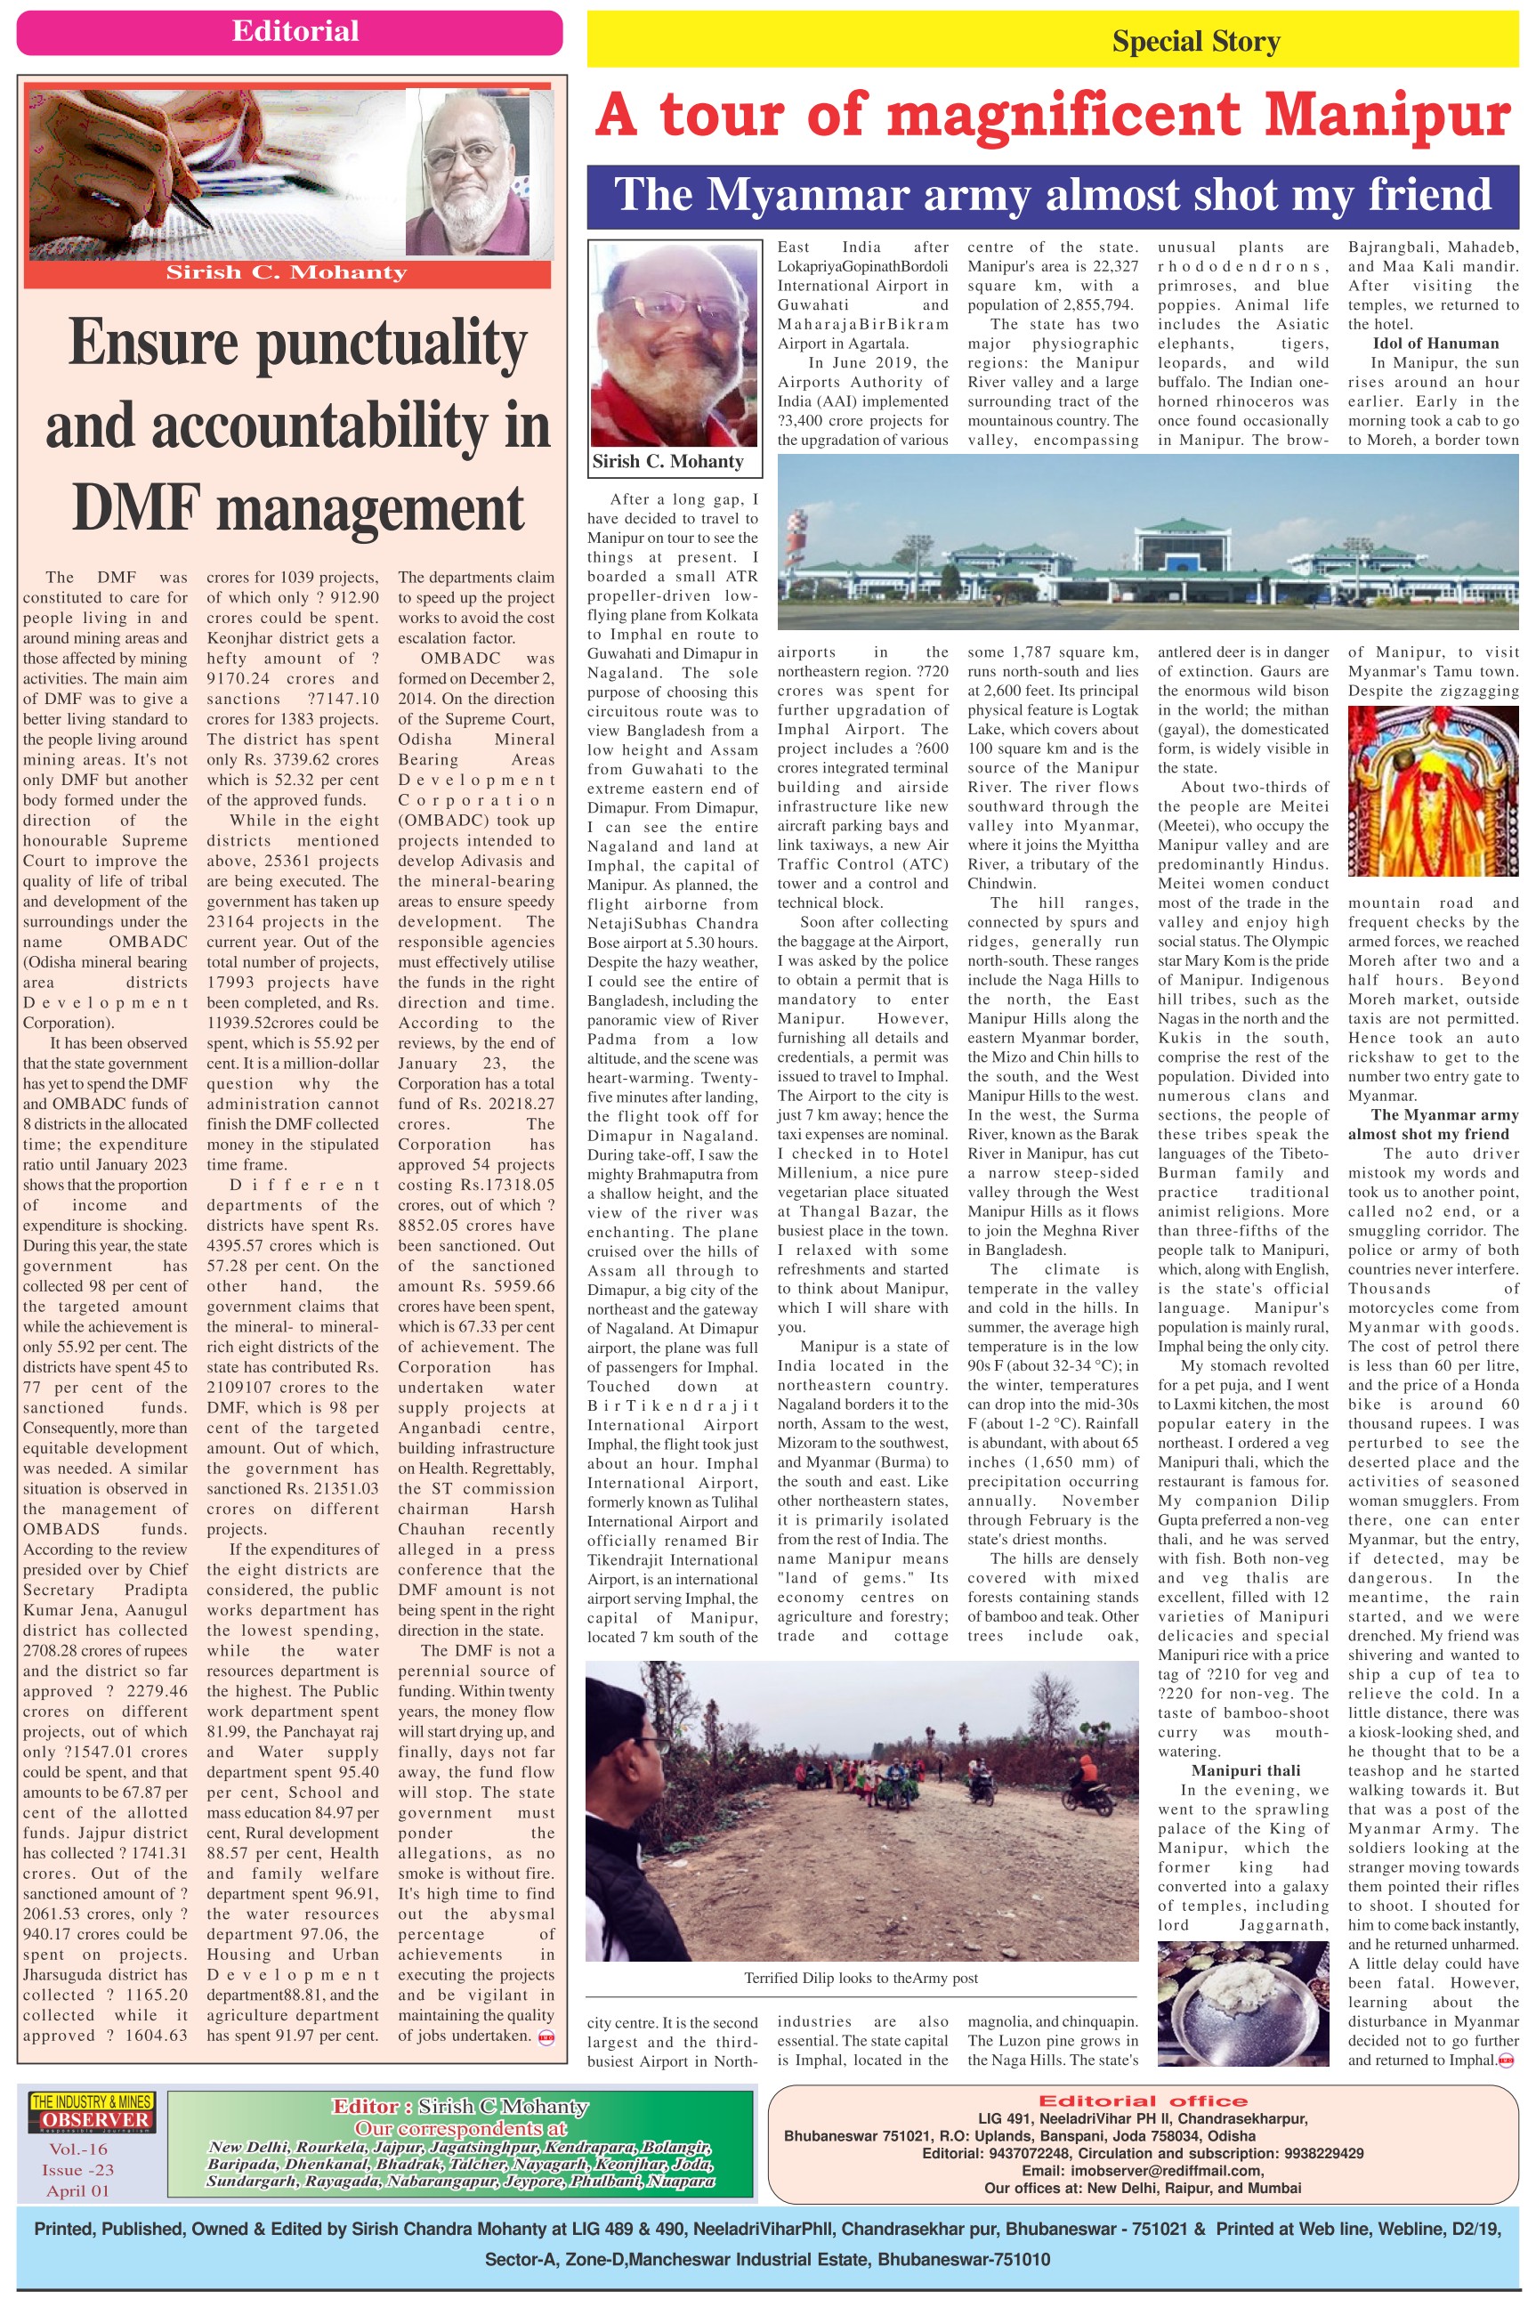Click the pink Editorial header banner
click(290, 32)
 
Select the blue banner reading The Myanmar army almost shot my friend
click(1052, 196)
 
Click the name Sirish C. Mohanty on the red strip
click(286, 273)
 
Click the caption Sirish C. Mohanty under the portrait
click(668, 461)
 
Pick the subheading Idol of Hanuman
click(1435, 344)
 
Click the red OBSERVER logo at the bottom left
click(94, 2121)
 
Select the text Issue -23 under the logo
click(78, 2170)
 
